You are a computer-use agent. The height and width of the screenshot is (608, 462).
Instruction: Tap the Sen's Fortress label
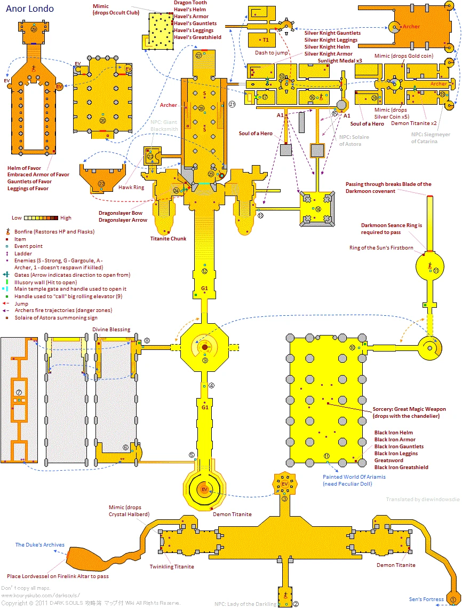click(x=426, y=599)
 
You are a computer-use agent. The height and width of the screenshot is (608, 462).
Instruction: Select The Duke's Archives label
click(x=39, y=545)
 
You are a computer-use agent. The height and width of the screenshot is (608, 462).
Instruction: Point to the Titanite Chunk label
click(x=168, y=238)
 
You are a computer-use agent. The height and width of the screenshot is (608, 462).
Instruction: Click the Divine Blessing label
click(x=111, y=330)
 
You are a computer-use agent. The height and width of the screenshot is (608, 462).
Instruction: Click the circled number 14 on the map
click(x=318, y=209)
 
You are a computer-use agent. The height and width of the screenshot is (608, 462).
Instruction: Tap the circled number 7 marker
click(x=19, y=385)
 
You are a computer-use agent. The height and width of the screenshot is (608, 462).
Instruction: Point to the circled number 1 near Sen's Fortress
click(x=453, y=599)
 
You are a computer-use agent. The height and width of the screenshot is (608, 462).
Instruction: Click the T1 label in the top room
click(x=265, y=40)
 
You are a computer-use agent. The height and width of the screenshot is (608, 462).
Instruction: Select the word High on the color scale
click(x=66, y=218)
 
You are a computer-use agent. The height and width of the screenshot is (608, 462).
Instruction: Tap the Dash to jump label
click(x=272, y=53)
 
